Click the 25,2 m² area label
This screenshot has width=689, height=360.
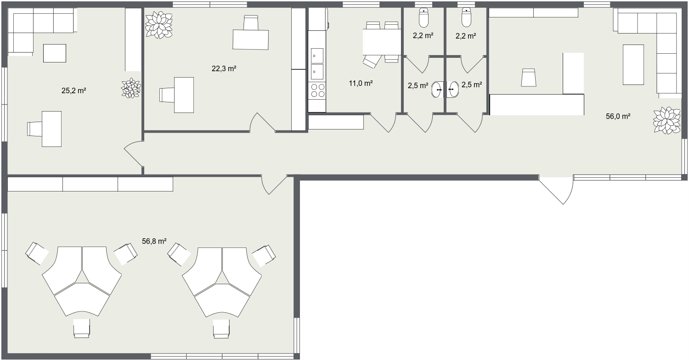pos(74,91)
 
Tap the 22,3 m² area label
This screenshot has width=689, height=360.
pos(224,68)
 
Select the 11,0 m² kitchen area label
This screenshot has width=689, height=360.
pos(361,83)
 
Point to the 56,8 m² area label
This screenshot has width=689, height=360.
pos(154,242)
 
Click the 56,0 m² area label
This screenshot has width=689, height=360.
pos(618,117)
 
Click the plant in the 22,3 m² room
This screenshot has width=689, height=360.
pos(159,25)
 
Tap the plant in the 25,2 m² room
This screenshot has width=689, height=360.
pos(131,88)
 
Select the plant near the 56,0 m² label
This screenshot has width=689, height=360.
pos(666,120)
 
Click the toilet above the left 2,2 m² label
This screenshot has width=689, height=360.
pos(424,18)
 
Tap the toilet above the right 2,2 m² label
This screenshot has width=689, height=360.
pos(466,18)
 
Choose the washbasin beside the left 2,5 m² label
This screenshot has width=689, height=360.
pos(437,90)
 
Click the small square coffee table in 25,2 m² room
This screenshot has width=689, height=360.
pos(55,53)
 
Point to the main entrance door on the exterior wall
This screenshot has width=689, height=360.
pos(556,190)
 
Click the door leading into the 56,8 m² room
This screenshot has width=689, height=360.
pos(274,185)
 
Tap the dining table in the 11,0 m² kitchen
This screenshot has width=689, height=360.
pos(382,42)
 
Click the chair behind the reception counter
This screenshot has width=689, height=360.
pos(529,78)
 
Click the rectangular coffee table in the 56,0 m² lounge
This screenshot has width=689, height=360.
pos(633,65)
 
